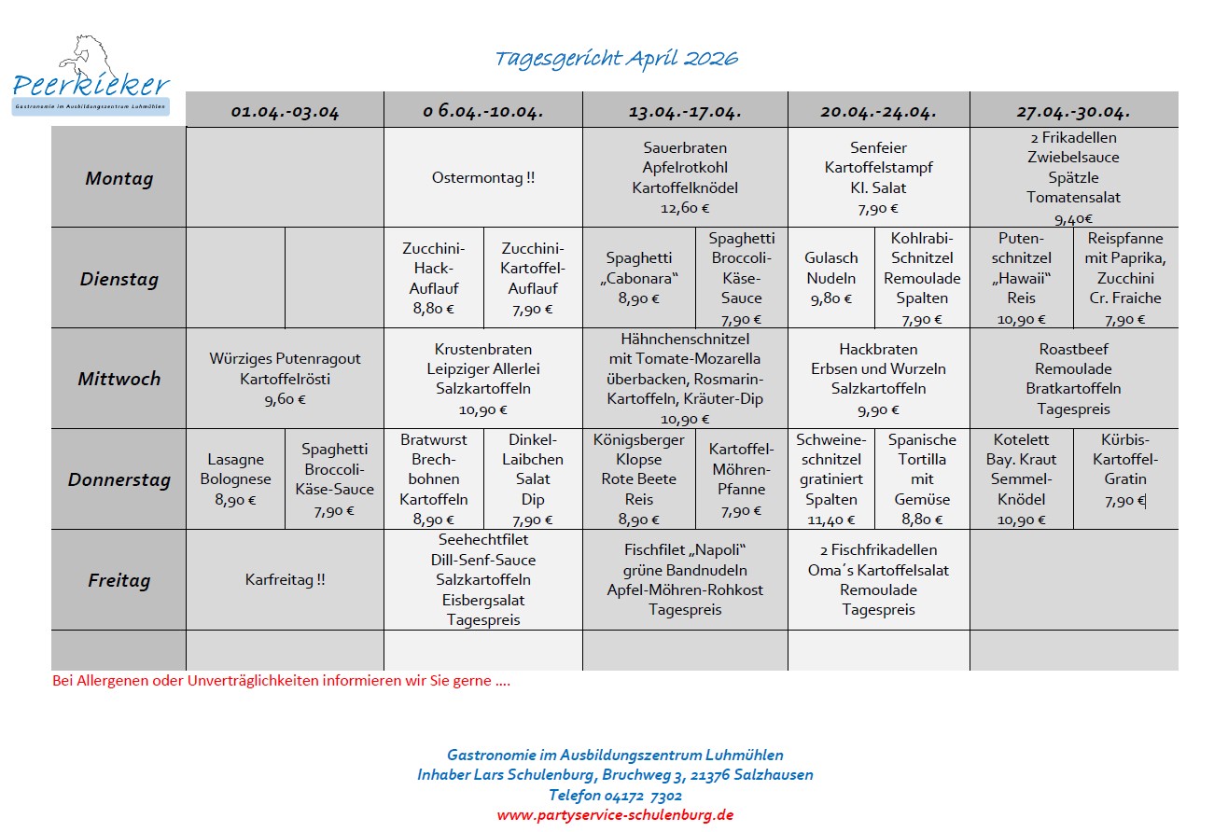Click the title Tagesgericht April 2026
pyautogui.click(x=616, y=59)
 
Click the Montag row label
pyautogui.click(x=119, y=178)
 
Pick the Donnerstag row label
pyautogui.click(x=119, y=480)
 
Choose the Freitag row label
pyautogui.click(x=119, y=580)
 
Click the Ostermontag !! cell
pyautogui.click(x=483, y=177)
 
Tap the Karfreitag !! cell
pyautogui.click(x=285, y=580)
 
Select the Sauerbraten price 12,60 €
pyautogui.click(x=685, y=209)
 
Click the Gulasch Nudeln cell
pyautogui.click(x=830, y=278)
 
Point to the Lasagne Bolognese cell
pyautogui.click(x=236, y=479)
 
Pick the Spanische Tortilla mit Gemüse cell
pyautogui.click(x=921, y=479)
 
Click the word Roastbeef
pyautogui.click(x=1073, y=349)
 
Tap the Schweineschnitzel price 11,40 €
pyautogui.click(x=830, y=520)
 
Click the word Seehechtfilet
pyautogui.click(x=483, y=540)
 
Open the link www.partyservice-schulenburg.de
pyautogui.click(x=615, y=814)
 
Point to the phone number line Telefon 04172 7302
pyautogui.click(x=615, y=795)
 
